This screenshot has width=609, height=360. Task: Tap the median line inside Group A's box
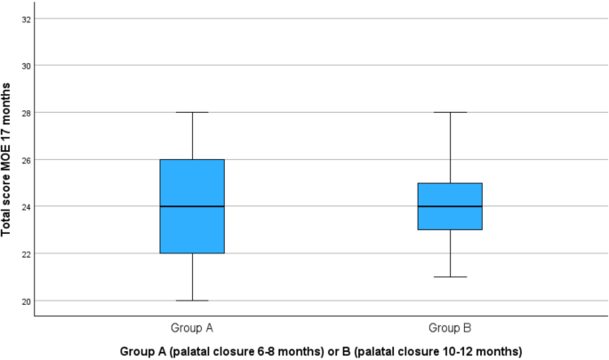[191, 206]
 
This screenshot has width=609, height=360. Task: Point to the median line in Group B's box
[450, 206]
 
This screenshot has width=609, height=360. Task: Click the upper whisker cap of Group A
[191, 112]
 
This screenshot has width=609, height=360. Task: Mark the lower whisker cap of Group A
[191, 300]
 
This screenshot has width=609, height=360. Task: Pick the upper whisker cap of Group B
[450, 112]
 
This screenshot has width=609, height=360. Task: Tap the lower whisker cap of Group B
[450, 276]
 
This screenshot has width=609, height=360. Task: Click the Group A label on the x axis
[191, 326]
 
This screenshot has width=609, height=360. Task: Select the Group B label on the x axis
[450, 326]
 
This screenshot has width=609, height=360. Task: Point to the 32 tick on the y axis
[25, 19]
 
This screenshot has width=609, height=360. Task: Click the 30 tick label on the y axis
[25, 66]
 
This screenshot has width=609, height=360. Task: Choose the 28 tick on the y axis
[25, 113]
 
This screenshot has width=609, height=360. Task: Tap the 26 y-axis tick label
[25, 160]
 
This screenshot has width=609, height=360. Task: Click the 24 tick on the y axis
[25, 207]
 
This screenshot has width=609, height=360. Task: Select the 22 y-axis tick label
[25, 254]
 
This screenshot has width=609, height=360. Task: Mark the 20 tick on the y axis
[25, 301]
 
